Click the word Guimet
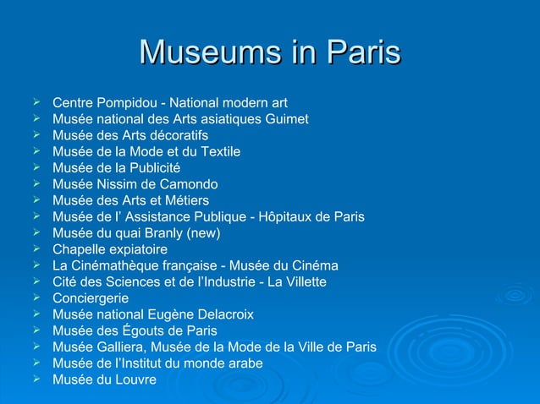pos(285,119)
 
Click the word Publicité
pos(152,168)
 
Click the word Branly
pos(157,233)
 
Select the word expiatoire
pos(136,249)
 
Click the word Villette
pos(302,282)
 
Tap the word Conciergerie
pos(91,298)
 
